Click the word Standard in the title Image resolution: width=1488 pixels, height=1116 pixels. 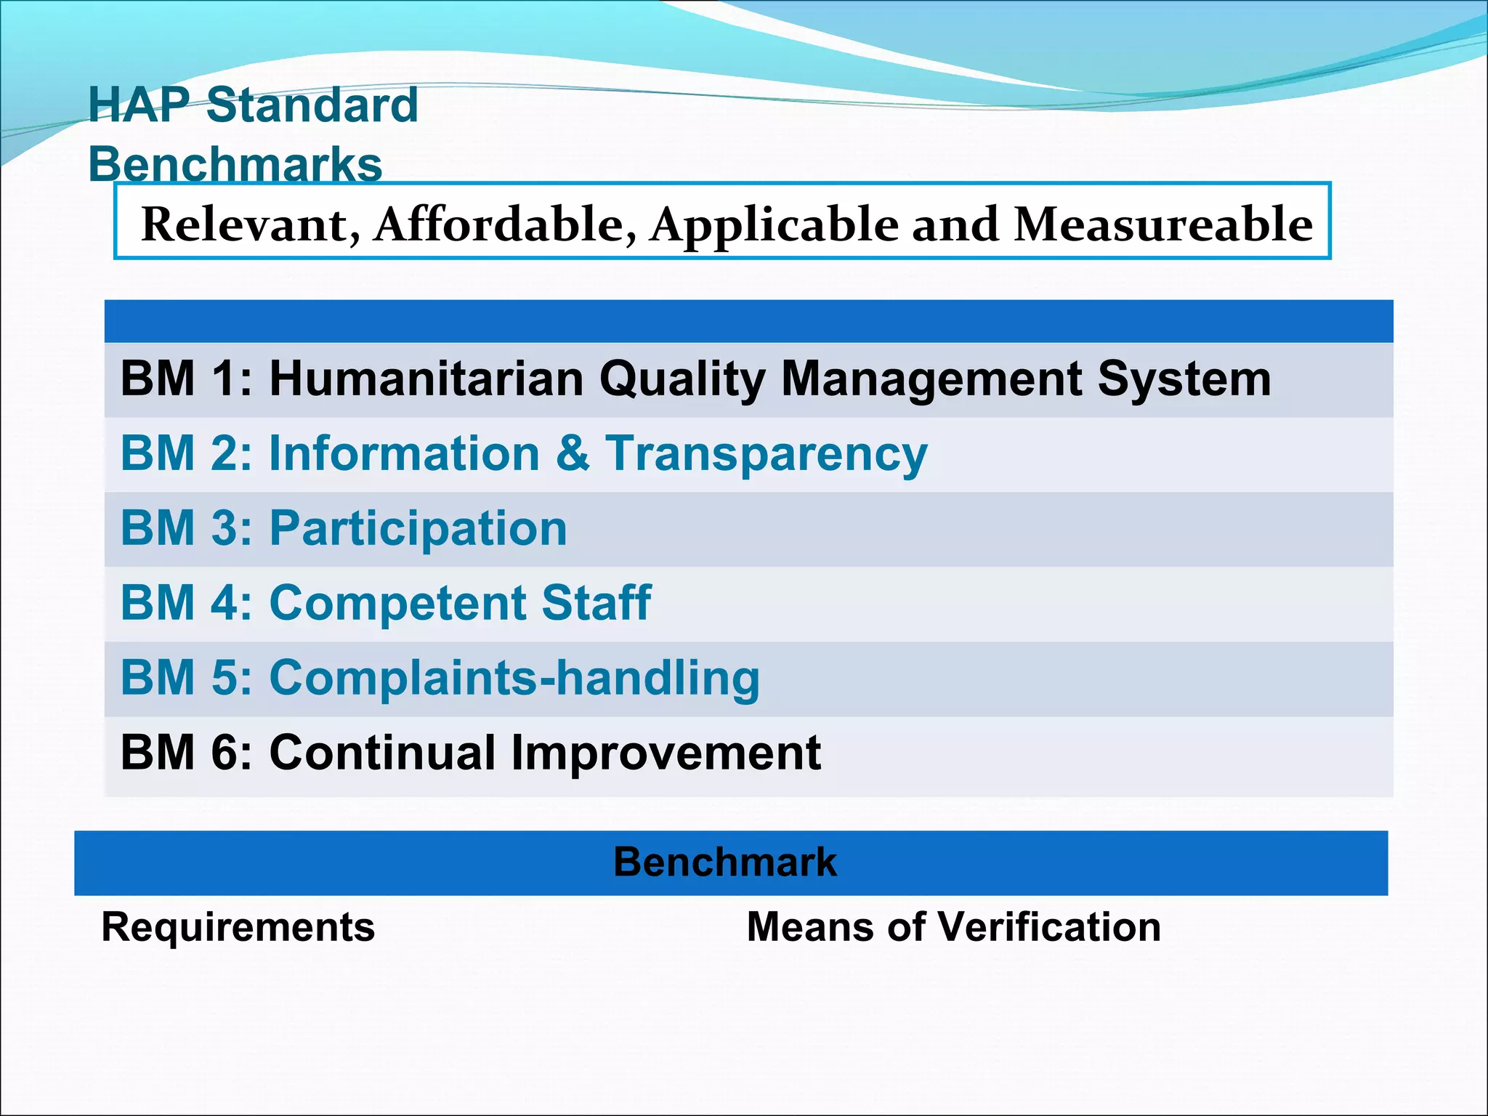coord(312,105)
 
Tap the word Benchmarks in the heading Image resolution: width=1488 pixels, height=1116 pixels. coord(235,165)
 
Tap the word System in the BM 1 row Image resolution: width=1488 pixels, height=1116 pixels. coord(1184,379)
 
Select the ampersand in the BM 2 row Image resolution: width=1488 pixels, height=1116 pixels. coord(573,454)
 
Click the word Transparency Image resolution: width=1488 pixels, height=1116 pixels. coord(767,454)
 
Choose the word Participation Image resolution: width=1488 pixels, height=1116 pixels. coord(418,529)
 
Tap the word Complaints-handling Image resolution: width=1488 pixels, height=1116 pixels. coord(514,679)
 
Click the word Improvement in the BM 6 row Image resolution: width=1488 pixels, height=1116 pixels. coord(666,753)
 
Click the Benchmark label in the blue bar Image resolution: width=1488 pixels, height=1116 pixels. coord(724,862)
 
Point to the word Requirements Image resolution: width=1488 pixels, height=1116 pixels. coord(238,928)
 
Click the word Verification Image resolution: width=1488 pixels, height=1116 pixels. coord(1049,928)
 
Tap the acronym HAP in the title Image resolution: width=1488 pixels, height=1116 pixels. coord(139,105)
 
